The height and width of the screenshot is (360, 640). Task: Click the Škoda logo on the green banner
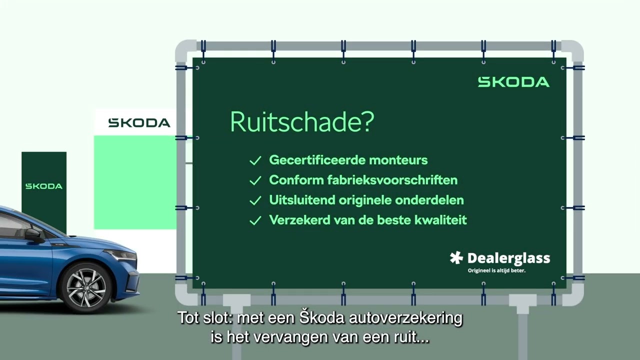(x=513, y=82)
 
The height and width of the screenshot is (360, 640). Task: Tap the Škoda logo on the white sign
(x=139, y=123)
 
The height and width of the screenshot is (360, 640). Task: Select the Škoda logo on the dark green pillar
(x=44, y=186)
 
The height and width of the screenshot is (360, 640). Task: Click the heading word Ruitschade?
(x=301, y=122)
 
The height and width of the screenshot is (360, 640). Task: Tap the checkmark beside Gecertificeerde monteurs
(x=255, y=160)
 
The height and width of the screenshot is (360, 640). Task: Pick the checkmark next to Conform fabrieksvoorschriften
(x=255, y=180)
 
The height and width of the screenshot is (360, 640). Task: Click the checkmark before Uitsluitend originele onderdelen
(x=255, y=200)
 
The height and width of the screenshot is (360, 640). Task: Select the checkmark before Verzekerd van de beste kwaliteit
(x=255, y=220)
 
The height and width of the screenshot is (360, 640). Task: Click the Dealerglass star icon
(x=456, y=258)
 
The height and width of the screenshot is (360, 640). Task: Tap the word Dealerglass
(x=508, y=258)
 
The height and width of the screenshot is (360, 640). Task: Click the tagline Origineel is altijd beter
(x=496, y=271)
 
